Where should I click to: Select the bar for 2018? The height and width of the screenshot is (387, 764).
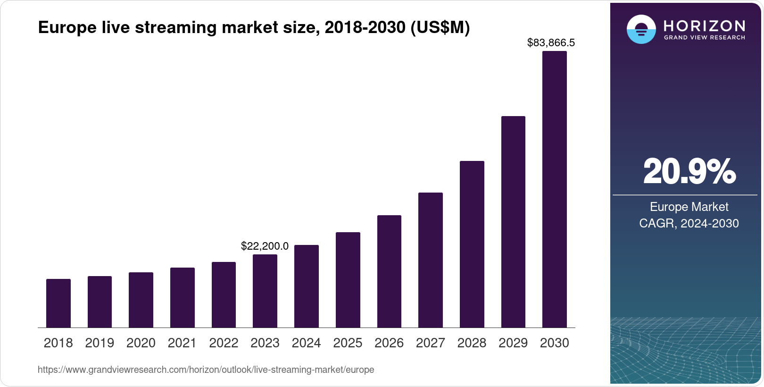point(58,303)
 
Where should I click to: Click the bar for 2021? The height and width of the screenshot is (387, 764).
point(183,297)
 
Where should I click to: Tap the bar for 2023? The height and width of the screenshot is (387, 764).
point(265,291)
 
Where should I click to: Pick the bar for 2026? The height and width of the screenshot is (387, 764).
point(389,271)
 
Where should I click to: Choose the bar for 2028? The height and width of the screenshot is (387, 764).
point(472,244)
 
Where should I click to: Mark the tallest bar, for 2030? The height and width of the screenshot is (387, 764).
point(555,189)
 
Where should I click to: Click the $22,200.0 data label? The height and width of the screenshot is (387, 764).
point(265,246)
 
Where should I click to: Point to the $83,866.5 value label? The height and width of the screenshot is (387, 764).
point(551,43)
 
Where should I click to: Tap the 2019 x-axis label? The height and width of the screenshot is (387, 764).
point(100,343)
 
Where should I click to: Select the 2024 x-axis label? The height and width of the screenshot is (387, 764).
point(306,343)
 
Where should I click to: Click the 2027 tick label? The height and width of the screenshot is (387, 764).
point(430,343)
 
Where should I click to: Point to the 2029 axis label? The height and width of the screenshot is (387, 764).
point(513,343)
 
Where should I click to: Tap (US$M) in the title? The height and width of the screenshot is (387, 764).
point(440,28)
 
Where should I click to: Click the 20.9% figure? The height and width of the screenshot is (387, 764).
point(689,172)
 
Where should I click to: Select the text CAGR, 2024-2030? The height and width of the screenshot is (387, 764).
point(689,223)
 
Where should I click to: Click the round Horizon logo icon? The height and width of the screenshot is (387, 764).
point(641,29)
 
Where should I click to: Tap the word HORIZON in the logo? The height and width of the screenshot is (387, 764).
point(704,25)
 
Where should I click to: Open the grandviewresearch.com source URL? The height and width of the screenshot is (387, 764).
point(206,370)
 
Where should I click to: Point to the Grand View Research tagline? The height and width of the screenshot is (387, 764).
point(704,38)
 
